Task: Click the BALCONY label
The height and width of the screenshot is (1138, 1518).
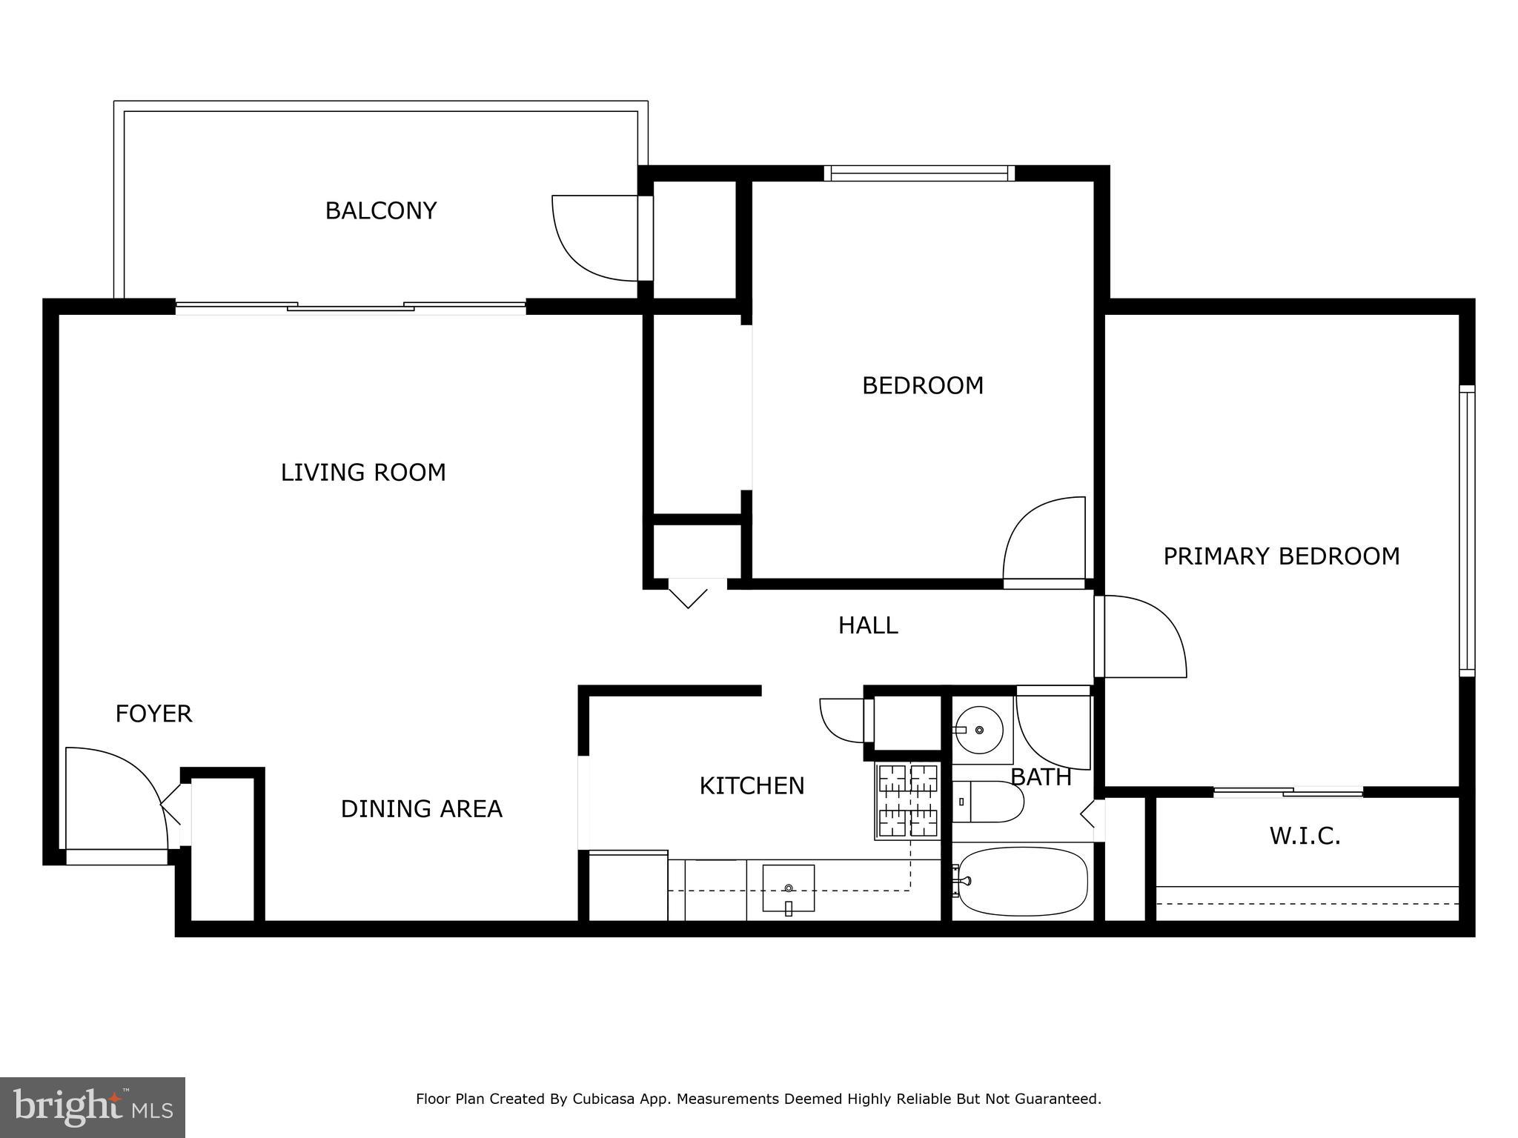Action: pyautogui.click(x=381, y=211)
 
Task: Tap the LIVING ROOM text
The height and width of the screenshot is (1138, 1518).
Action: pyautogui.click(x=363, y=473)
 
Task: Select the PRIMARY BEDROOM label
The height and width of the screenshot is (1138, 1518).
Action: pyautogui.click(x=1281, y=556)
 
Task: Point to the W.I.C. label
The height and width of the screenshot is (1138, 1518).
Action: pyautogui.click(x=1305, y=836)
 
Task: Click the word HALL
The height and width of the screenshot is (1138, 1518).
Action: pyautogui.click(x=868, y=626)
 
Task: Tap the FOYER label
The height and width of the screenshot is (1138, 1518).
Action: pyautogui.click(x=153, y=714)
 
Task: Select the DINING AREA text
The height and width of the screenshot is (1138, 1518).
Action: pyautogui.click(x=421, y=809)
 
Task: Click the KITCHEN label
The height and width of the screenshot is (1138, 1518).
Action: pyautogui.click(x=752, y=786)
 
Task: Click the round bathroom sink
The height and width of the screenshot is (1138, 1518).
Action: pyautogui.click(x=979, y=731)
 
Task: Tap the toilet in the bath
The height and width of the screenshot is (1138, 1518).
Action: pyautogui.click(x=988, y=802)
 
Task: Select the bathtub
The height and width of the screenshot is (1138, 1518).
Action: pyautogui.click(x=1023, y=882)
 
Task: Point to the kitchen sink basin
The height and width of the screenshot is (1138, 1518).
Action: pyautogui.click(x=789, y=888)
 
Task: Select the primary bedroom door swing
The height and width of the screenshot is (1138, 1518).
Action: pyautogui.click(x=1145, y=637)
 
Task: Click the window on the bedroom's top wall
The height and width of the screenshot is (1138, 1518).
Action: pyautogui.click(x=919, y=173)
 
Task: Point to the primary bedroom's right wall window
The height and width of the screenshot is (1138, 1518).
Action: pyautogui.click(x=1467, y=530)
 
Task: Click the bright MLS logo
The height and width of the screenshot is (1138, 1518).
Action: pyautogui.click(x=92, y=1107)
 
